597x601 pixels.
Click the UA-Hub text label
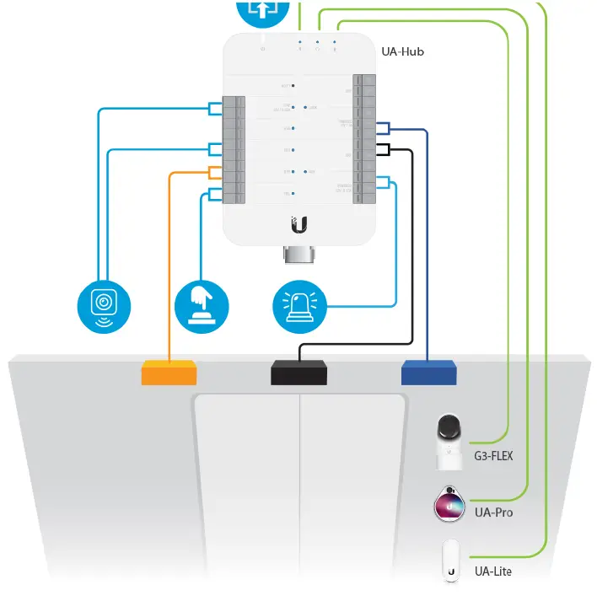click(x=402, y=51)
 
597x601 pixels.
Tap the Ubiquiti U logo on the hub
click(x=299, y=224)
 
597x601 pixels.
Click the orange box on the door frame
click(x=169, y=372)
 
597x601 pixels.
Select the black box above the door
click(x=299, y=372)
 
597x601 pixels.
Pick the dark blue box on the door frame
click(x=428, y=372)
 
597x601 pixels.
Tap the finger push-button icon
click(x=202, y=304)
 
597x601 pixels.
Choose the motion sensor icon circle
click(x=105, y=304)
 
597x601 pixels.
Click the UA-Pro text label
click(x=493, y=512)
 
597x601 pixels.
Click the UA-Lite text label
click(x=493, y=571)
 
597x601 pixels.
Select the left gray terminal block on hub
click(x=234, y=151)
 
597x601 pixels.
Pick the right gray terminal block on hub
click(x=364, y=139)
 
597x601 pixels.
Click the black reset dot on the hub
click(x=293, y=86)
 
